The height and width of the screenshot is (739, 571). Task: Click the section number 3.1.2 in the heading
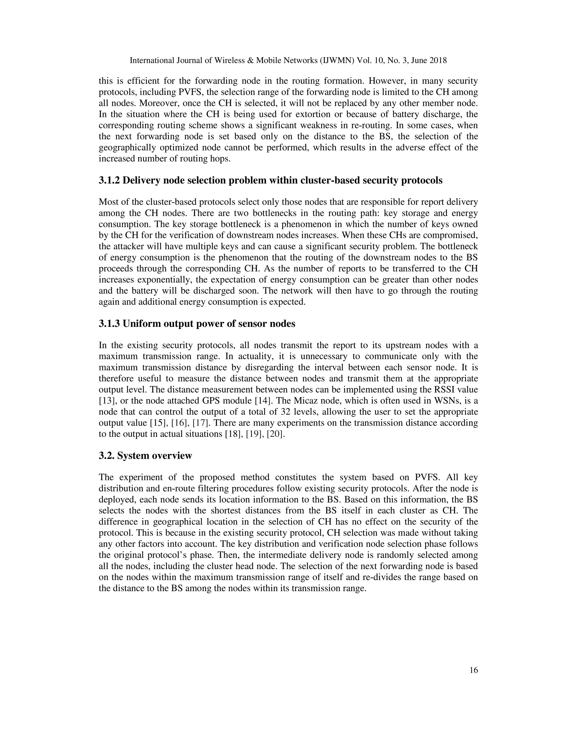[x=109, y=180]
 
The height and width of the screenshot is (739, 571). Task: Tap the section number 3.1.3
[x=109, y=323]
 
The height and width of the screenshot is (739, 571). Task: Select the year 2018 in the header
[x=438, y=61]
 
